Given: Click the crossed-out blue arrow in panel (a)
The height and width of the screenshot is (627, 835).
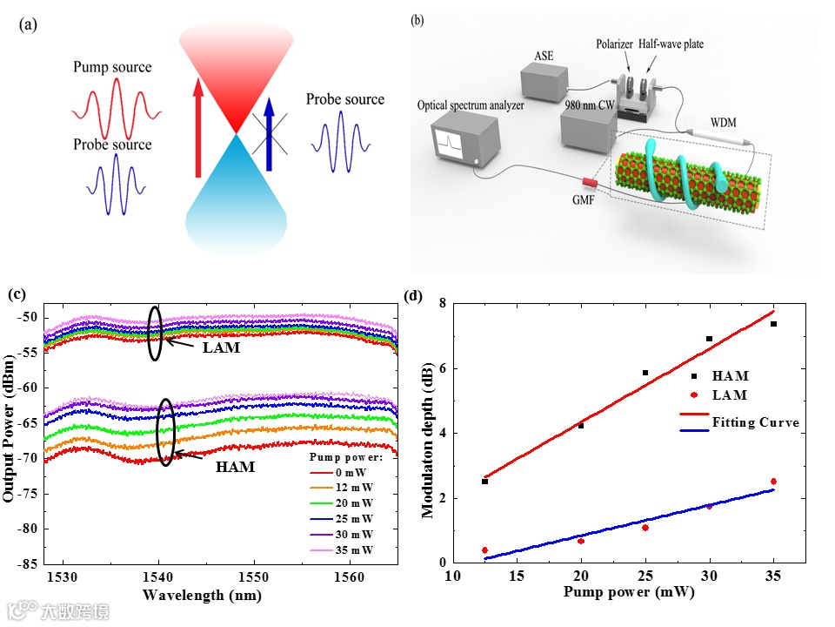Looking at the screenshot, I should [268, 130].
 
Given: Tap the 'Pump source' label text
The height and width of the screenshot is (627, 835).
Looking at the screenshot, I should [112, 67].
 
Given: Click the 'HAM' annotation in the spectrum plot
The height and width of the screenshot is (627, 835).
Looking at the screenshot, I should [236, 467].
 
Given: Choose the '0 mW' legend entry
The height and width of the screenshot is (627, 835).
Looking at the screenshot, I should [354, 472].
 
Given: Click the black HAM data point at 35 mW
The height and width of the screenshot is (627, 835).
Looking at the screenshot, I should [773, 324].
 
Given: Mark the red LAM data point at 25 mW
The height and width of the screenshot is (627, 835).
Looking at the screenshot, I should [645, 528].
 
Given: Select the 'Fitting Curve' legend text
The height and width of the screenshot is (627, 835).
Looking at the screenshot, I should [755, 422].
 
